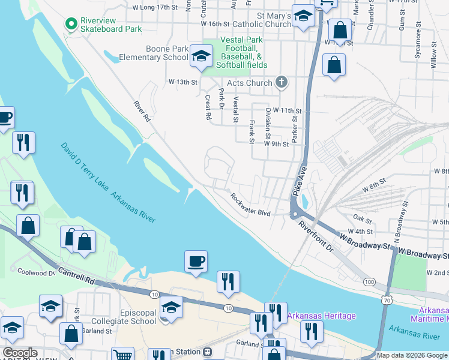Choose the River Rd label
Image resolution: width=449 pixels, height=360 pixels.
tap(142, 112)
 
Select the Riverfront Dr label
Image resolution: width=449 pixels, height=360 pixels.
tap(316, 234)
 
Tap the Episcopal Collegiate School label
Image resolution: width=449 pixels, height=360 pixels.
tap(126, 317)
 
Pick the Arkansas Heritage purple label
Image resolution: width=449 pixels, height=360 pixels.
tap(321, 316)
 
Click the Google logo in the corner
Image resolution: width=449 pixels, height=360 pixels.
tap(20, 353)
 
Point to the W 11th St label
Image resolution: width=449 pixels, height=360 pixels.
tap(287, 111)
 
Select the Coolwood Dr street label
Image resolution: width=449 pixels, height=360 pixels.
tap(36, 271)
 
